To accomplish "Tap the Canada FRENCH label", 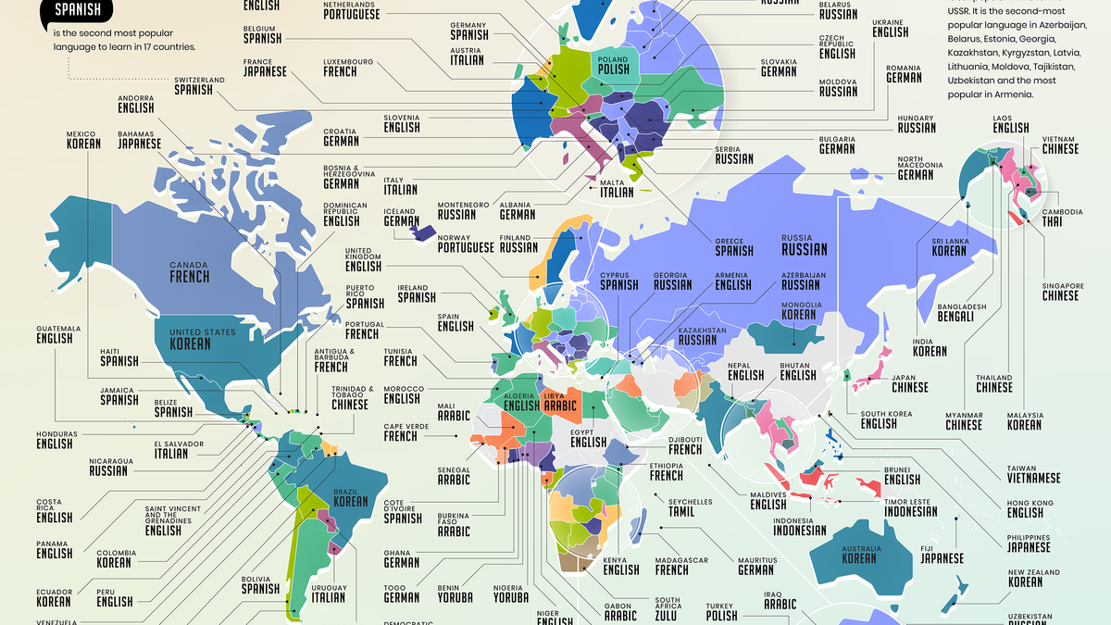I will [x=189, y=271].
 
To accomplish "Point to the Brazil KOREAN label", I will [x=350, y=496].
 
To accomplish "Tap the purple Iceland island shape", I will [x=425, y=231].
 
